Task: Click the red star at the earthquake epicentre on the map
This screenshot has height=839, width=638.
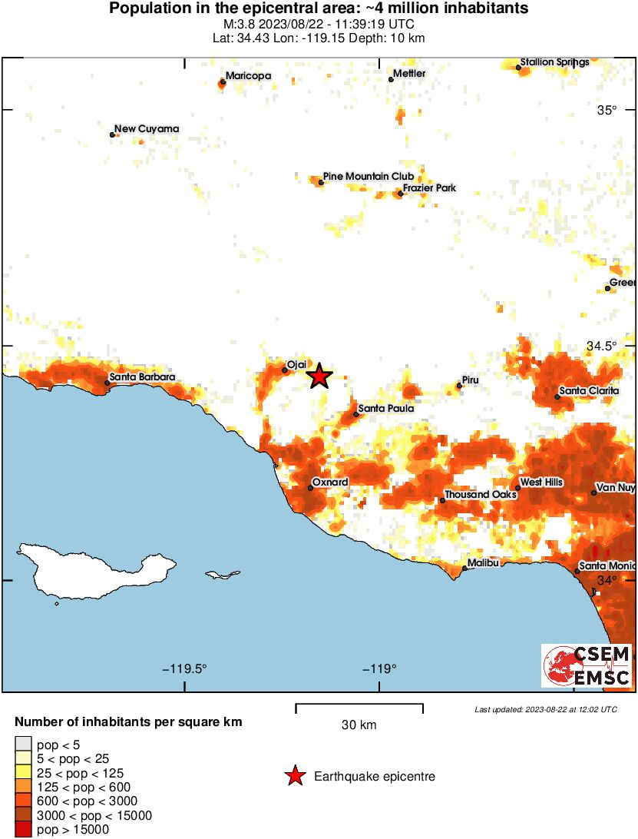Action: (x=319, y=376)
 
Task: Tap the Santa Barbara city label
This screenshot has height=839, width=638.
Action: (x=141, y=377)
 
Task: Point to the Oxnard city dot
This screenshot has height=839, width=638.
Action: (x=311, y=488)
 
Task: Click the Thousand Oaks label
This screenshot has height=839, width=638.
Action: (x=481, y=495)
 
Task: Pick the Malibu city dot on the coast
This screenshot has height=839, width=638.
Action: (x=464, y=569)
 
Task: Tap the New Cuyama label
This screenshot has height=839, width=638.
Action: (x=147, y=129)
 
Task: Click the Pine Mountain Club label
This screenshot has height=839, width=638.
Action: (x=369, y=177)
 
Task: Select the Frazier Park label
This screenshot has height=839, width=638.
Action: (x=429, y=187)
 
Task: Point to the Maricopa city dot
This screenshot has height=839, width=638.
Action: (x=223, y=81)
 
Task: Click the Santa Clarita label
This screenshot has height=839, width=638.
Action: (x=589, y=391)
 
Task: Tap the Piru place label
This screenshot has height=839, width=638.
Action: (x=470, y=380)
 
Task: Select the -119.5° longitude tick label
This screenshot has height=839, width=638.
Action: (x=185, y=668)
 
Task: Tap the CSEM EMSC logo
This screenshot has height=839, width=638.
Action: (x=587, y=665)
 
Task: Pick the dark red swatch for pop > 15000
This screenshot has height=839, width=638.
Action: (x=24, y=830)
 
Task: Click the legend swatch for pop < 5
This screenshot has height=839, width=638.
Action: (x=24, y=744)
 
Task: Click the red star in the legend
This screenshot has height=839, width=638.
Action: (x=295, y=777)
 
